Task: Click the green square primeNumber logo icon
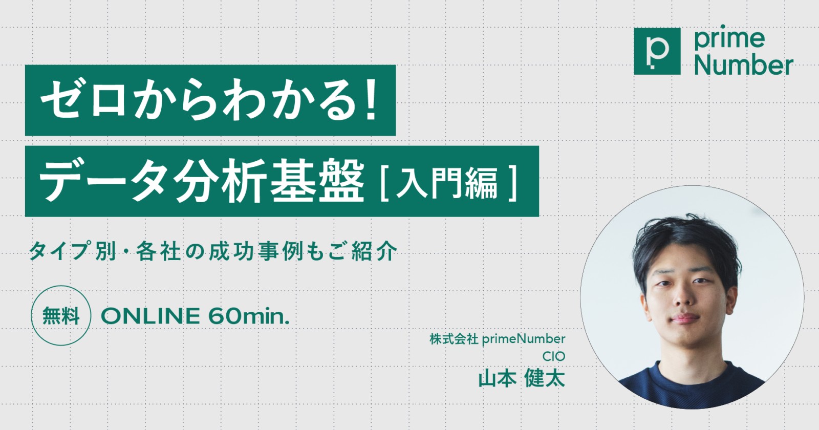tap(657, 51)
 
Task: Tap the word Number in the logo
tap(744, 64)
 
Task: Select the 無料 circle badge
tap(61, 315)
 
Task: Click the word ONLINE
tap(150, 316)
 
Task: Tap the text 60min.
tap(249, 316)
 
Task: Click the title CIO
tap(553, 356)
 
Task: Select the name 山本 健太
tap(522, 378)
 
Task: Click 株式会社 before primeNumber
tap(454, 339)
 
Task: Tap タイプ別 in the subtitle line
tap(72, 251)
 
